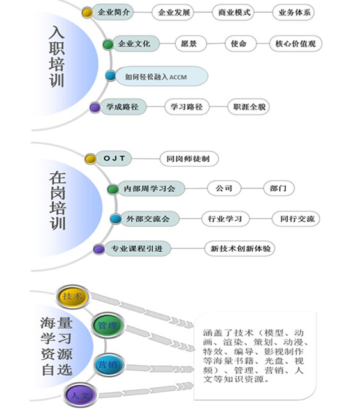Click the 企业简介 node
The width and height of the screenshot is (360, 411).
point(113,12)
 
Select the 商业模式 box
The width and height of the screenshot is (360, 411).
point(233,12)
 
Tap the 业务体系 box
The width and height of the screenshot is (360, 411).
point(293,12)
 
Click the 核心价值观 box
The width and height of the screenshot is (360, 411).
point(295,43)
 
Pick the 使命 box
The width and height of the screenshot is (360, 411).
point(240,43)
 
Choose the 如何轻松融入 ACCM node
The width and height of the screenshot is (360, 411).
point(162,76)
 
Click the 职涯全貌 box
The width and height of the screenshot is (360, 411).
point(249,107)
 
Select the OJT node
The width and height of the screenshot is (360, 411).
point(114,159)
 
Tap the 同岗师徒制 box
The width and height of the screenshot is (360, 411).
point(189,159)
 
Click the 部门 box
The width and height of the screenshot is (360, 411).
point(279,188)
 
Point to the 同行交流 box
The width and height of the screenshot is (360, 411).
point(296,219)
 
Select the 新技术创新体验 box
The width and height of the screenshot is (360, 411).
point(240,248)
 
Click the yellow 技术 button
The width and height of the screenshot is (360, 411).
point(73,297)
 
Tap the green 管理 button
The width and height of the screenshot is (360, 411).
point(107,325)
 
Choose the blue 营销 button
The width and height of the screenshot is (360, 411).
point(108,365)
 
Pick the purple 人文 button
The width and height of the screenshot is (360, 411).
point(80,395)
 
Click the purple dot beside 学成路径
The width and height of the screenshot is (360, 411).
point(95,107)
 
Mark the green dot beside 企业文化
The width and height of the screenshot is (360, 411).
point(108,45)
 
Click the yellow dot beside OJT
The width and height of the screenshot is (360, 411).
point(90,159)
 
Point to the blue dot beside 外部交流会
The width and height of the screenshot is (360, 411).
point(116,219)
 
